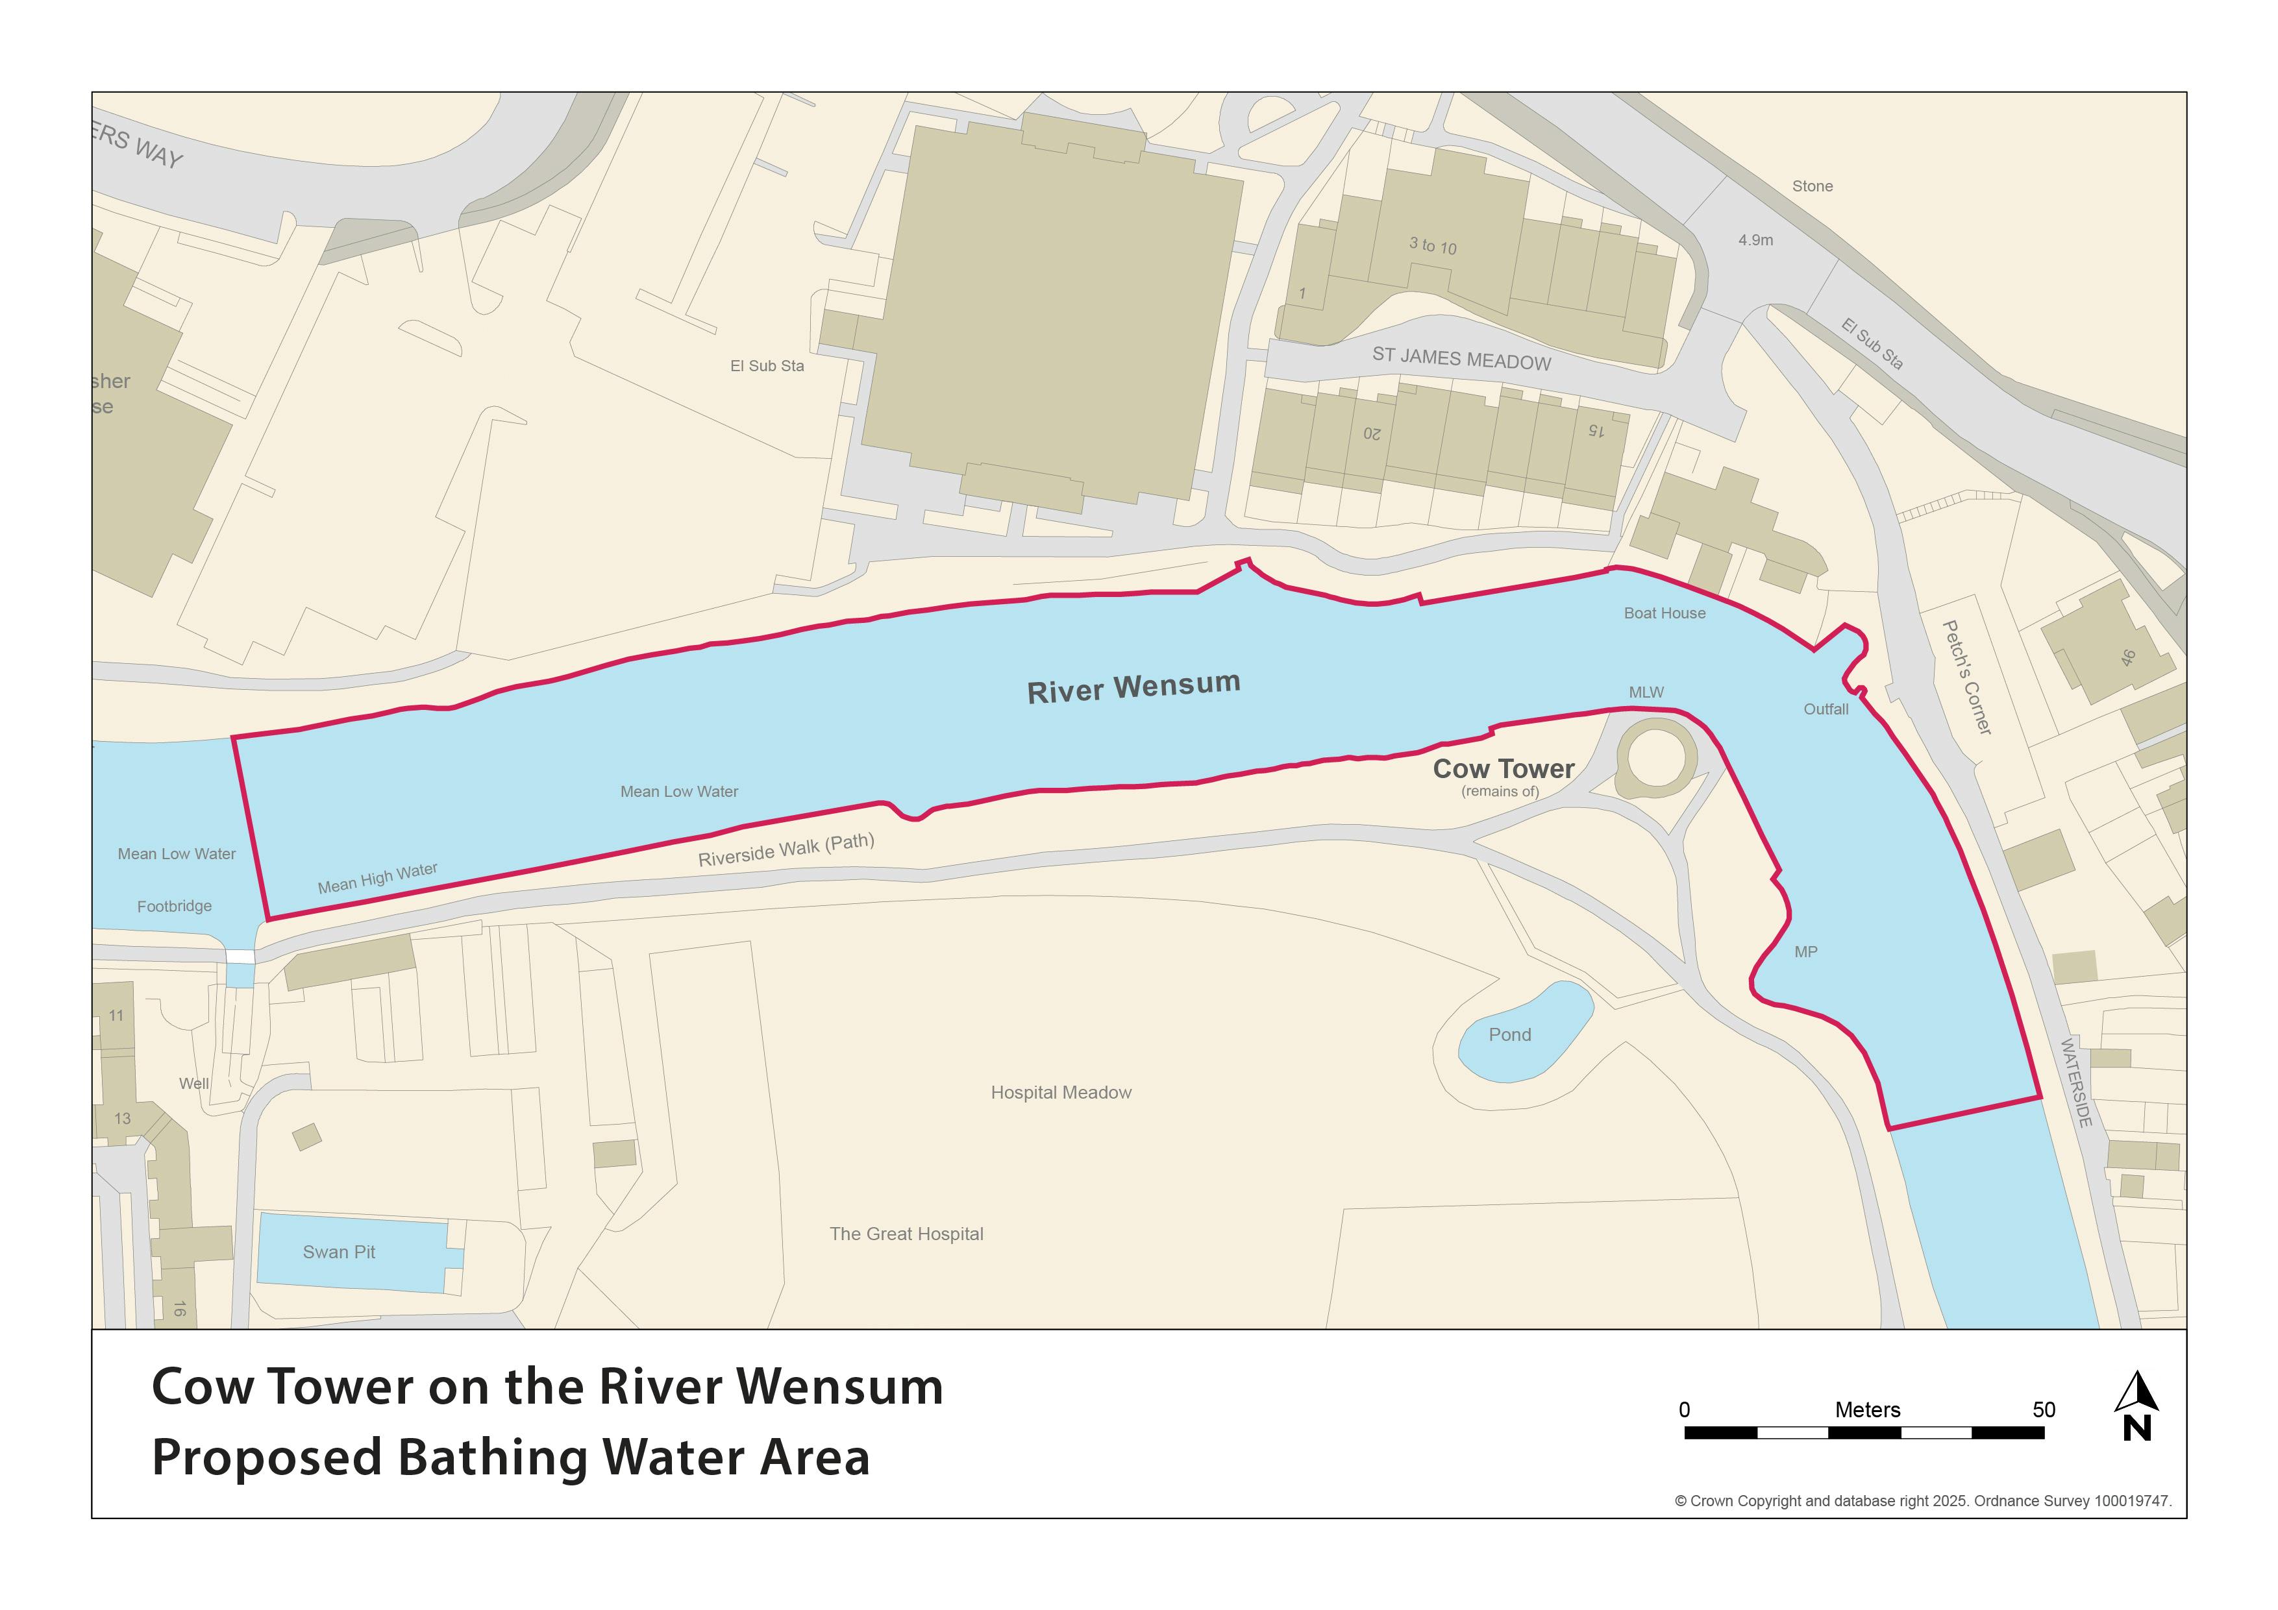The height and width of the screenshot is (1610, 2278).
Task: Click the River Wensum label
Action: click(x=1133, y=687)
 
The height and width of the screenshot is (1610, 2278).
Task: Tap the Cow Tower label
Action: click(x=1503, y=769)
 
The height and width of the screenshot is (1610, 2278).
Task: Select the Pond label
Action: click(x=1509, y=1034)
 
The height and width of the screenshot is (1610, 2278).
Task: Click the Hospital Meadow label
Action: click(x=1061, y=1092)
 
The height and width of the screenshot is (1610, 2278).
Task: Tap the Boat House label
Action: click(x=1664, y=613)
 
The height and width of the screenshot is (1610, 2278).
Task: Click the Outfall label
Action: click(x=1826, y=709)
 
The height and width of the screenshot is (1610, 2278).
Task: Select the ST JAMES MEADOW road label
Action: click(x=1461, y=359)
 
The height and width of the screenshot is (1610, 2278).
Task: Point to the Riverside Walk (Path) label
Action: click(x=786, y=850)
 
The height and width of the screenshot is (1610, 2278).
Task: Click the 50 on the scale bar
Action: click(x=2043, y=1409)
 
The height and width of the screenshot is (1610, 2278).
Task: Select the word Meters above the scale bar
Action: click(x=1867, y=1409)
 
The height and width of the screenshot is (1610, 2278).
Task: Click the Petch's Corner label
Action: click(x=1966, y=677)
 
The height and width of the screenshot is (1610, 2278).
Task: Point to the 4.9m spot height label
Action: click(x=1755, y=240)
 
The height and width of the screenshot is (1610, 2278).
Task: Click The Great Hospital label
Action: click(x=906, y=1234)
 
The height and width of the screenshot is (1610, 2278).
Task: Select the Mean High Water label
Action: click(x=377, y=878)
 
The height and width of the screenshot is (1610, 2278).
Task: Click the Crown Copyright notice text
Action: click(x=1923, y=1501)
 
